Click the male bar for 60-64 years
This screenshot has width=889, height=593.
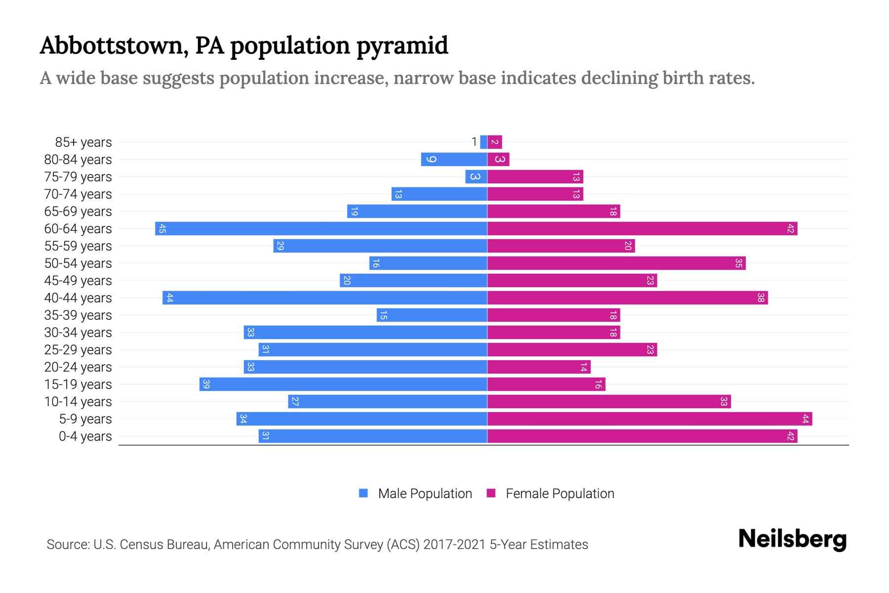321,229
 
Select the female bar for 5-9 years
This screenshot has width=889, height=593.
649,419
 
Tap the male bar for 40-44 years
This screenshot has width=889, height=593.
325,298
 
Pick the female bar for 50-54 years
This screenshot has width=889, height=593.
616,263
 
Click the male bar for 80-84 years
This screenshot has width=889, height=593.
454,160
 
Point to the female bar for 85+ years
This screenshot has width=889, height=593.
494,142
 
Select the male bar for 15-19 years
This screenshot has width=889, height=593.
343,384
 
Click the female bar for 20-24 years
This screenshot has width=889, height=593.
539,367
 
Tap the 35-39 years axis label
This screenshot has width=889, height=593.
78,315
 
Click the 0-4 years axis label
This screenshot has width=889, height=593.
85,436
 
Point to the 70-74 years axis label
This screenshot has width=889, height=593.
78,194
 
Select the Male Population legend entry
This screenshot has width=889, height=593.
415,494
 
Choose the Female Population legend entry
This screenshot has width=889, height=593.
550,494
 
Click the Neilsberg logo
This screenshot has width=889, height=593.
792,539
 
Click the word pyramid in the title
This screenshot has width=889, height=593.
402,46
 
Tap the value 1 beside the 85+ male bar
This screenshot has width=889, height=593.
474,142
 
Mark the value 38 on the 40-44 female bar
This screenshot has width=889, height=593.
761,298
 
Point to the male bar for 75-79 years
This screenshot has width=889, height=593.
476,177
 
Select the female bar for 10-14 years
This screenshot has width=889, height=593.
609,402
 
